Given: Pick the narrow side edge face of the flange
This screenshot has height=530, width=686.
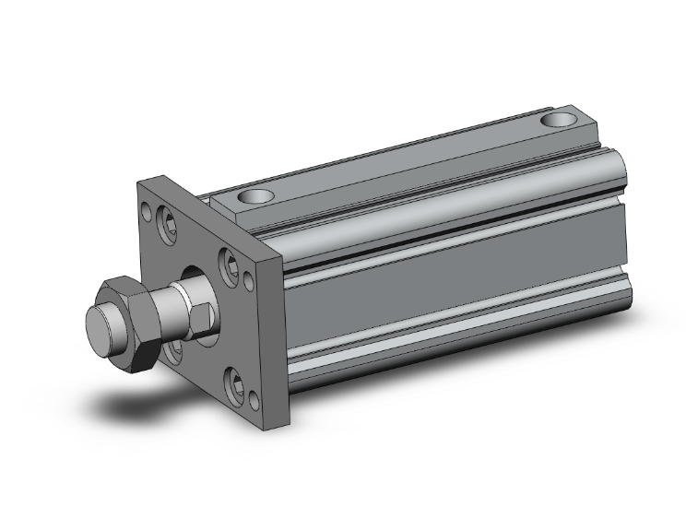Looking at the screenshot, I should coord(281,341).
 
